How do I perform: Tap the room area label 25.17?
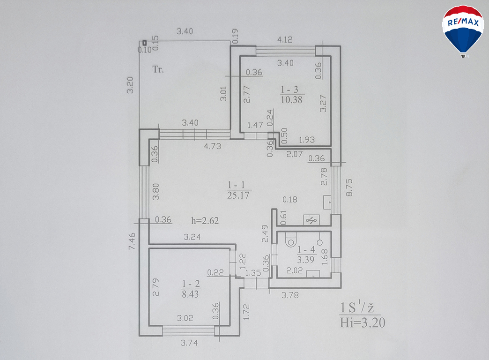pos(238,195)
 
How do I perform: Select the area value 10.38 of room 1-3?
pos(291,100)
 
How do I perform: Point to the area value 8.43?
pos(190,294)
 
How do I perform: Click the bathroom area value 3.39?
pos(305,260)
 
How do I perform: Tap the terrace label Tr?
pos(158,69)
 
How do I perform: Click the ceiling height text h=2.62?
pos(205,221)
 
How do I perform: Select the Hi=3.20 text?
pos(363,322)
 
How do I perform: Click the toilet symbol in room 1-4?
pos(291,241)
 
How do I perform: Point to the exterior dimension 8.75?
pos(349,187)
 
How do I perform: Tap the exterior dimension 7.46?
pos(132,241)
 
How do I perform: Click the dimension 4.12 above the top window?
pos(285,40)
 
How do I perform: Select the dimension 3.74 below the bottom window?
pos(189,343)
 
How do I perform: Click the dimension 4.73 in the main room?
pos(212,146)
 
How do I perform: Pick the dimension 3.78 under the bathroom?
pos(290,295)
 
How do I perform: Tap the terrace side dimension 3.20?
pos(130,85)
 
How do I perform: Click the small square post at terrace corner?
pos(144,43)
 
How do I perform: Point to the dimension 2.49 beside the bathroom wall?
pos(265,234)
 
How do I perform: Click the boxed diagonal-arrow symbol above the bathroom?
pos(311,220)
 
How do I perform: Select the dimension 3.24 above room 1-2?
pos(192,237)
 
